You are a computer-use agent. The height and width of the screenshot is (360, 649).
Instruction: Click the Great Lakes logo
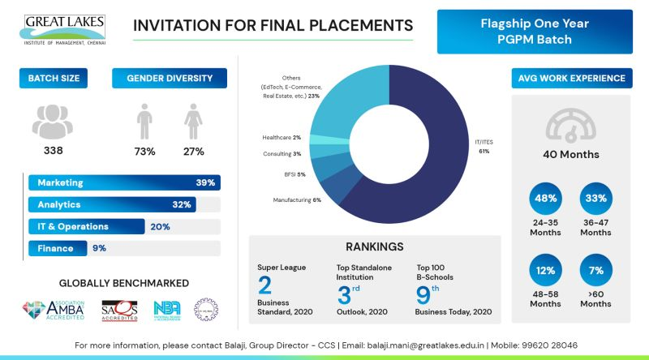[x=64, y=29]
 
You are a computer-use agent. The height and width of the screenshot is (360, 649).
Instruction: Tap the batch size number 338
[x=53, y=151]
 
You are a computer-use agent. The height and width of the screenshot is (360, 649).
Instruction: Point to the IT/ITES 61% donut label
[x=483, y=146]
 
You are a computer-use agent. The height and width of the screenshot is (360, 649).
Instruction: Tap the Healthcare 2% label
[x=281, y=137]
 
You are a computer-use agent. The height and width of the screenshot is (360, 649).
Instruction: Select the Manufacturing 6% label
[x=297, y=199]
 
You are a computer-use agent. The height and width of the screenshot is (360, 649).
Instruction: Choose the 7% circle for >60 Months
[x=596, y=269]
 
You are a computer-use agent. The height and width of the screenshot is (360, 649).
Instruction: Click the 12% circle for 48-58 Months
[x=545, y=269]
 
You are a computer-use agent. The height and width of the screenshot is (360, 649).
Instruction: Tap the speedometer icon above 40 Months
[x=571, y=126]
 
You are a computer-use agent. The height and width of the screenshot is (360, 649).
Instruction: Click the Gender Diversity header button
[x=170, y=79]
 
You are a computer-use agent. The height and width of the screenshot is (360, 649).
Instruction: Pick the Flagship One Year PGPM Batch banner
[x=535, y=32]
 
